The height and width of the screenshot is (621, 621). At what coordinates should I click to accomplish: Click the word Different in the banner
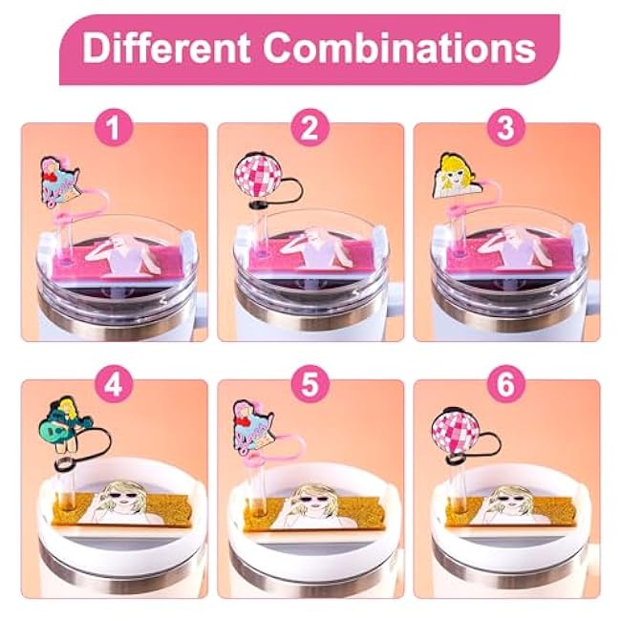(x=166, y=48)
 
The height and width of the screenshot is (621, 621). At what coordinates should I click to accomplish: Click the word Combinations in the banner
(x=399, y=48)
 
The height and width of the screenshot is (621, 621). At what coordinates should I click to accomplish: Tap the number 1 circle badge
(x=114, y=127)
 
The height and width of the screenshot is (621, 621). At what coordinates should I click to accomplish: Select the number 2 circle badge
(x=310, y=127)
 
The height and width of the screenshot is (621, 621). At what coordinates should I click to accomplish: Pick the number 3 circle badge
(x=505, y=127)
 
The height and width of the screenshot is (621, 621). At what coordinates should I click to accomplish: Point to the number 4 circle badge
(x=114, y=384)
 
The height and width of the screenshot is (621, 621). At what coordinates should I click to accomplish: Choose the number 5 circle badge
(x=310, y=384)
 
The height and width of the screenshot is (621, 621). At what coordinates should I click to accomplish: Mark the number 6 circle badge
(x=505, y=384)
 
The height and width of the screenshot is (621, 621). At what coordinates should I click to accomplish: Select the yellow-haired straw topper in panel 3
(x=456, y=175)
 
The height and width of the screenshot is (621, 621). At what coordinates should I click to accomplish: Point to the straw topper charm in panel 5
(x=253, y=428)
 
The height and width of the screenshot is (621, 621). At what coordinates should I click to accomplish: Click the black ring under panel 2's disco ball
(x=258, y=204)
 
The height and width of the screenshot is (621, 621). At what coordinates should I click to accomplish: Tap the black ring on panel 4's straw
(x=64, y=463)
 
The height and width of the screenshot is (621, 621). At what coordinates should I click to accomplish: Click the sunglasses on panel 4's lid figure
(x=123, y=495)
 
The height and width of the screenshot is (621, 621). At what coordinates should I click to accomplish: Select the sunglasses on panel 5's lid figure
(x=319, y=495)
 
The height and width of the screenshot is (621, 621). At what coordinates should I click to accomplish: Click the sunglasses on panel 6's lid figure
(x=511, y=496)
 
